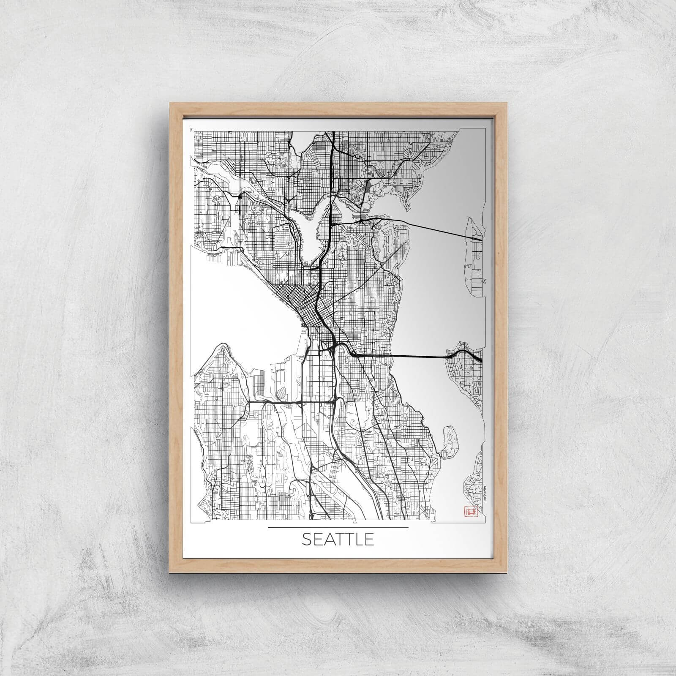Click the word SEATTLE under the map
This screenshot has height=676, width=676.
click(338, 540)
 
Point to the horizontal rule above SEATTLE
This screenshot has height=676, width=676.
click(338, 528)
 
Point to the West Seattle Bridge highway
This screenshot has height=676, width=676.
click(279, 401)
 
